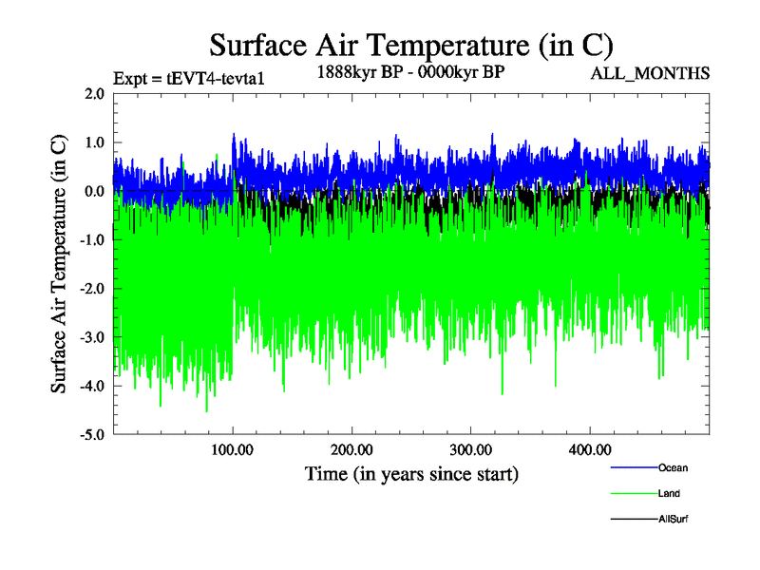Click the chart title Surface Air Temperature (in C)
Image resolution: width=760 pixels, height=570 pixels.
click(x=410, y=45)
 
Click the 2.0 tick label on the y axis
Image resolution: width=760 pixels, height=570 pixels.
click(x=94, y=94)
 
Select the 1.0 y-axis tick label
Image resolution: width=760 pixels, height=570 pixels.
click(x=94, y=142)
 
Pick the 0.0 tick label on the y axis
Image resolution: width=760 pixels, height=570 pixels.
click(x=94, y=191)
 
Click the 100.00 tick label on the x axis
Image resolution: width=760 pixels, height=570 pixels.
click(x=232, y=448)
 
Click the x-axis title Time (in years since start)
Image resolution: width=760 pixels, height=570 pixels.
click(x=410, y=473)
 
